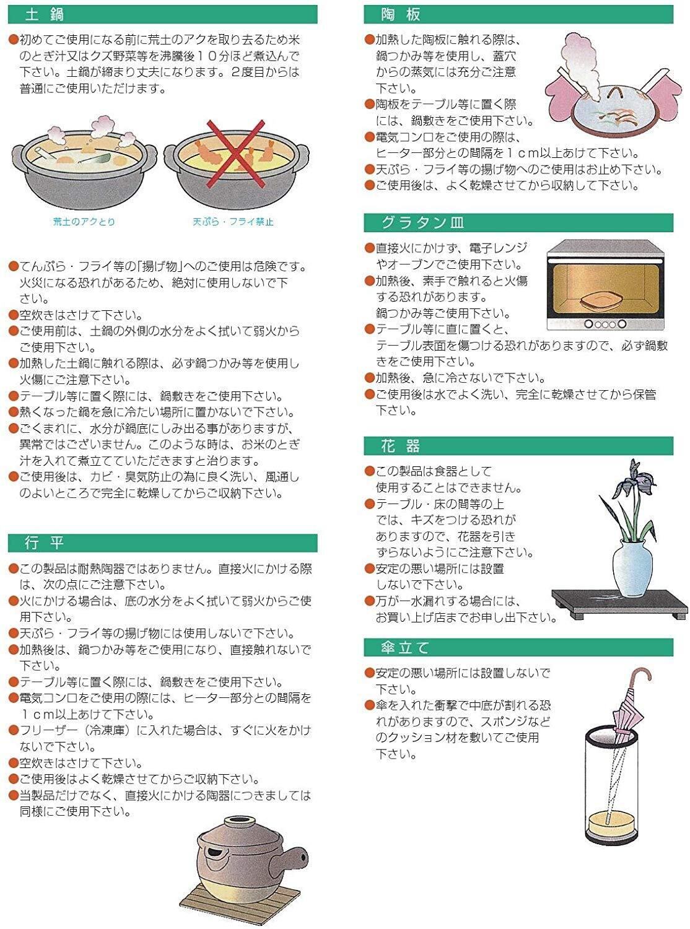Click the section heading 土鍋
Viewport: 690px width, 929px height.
[45, 15]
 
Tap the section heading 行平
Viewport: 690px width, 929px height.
[45, 543]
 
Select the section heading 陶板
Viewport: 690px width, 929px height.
[401, 15]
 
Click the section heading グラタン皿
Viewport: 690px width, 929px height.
[422, 222]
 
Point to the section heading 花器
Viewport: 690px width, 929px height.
[401, 446]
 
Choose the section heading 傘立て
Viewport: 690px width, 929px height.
[404, 648]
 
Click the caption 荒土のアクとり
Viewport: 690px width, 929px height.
[84, 222]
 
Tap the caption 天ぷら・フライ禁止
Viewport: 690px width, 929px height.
[233, 222]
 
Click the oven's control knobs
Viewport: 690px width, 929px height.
[605, 324]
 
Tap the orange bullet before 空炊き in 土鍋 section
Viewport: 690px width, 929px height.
[14, 315]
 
